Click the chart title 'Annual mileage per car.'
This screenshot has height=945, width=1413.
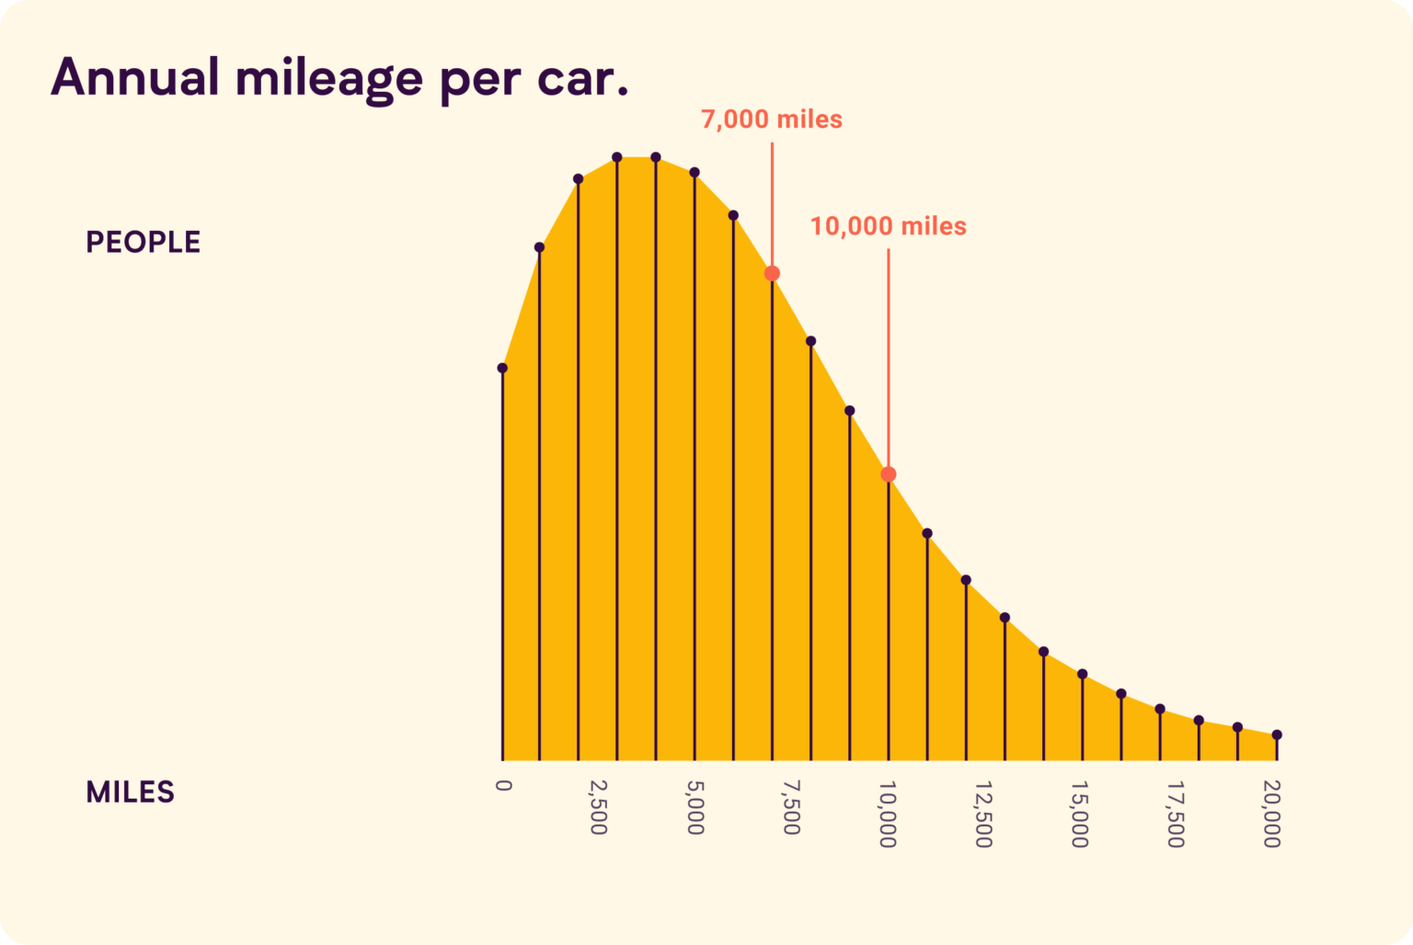click(339, 78)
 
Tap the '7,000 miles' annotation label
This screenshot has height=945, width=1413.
click(771, 120)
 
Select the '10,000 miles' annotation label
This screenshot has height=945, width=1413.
click(888, 226)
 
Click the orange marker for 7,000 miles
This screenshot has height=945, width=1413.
click(772, 273)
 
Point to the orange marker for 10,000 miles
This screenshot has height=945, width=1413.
click(888, 474)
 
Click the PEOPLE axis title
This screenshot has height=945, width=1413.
click(143, 243)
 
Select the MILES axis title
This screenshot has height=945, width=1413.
click(130, 792)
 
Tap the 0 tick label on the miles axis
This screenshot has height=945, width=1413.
click(502, 785)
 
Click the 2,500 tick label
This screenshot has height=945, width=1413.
click(598, 807)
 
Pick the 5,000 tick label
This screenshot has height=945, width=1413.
click(695, 807)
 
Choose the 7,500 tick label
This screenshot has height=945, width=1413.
click(791, 807)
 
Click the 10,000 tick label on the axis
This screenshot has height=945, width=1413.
click(888, 814)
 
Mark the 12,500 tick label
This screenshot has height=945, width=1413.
click(983, 814)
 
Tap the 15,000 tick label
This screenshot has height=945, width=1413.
click(1080, 814)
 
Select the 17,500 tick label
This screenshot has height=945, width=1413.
click(1176, 814)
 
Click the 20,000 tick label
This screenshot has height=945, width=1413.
click(1272, 814)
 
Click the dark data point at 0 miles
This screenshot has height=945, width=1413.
click(502, 368)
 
